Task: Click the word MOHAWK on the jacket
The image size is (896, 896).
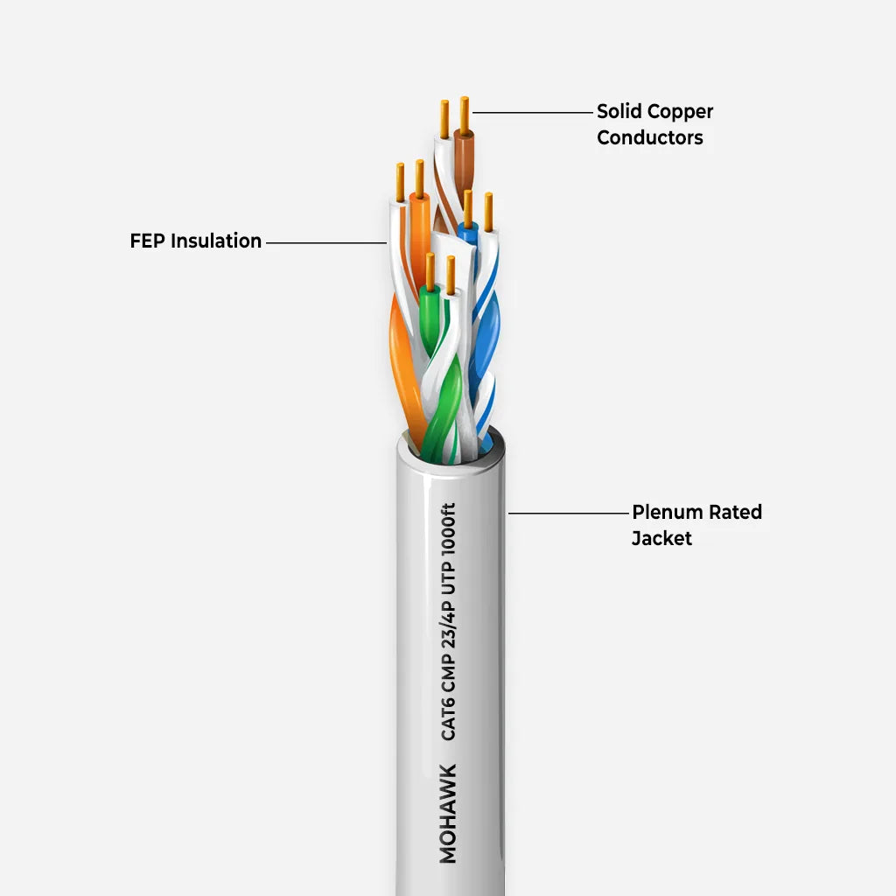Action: (448, 813)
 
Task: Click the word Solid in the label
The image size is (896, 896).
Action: (619, 112)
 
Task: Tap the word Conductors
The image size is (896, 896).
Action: (650, 138)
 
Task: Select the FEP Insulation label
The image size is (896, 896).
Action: (195, 241)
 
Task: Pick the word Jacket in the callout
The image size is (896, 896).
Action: (661, 539)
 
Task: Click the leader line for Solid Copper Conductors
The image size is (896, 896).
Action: (532, 112)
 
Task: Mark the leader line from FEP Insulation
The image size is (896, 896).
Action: (325, 242)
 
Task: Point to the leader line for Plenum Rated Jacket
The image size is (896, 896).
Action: (569, 513)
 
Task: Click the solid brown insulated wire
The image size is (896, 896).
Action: (465, 162)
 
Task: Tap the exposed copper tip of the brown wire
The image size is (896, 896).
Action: (465, 112)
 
